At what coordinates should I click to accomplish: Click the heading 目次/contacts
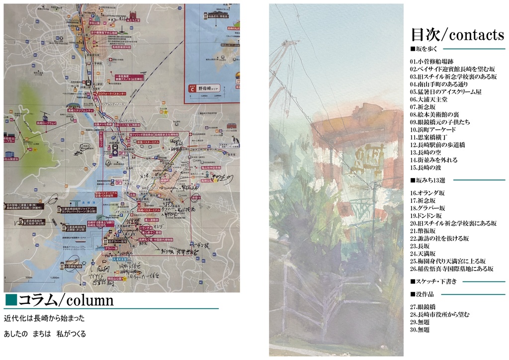457,35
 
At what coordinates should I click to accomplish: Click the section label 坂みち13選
431,180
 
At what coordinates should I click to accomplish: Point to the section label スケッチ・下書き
433,281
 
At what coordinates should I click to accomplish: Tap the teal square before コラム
11,299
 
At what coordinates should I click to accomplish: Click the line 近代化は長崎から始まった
44,318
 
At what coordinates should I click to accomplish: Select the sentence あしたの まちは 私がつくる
45,334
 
